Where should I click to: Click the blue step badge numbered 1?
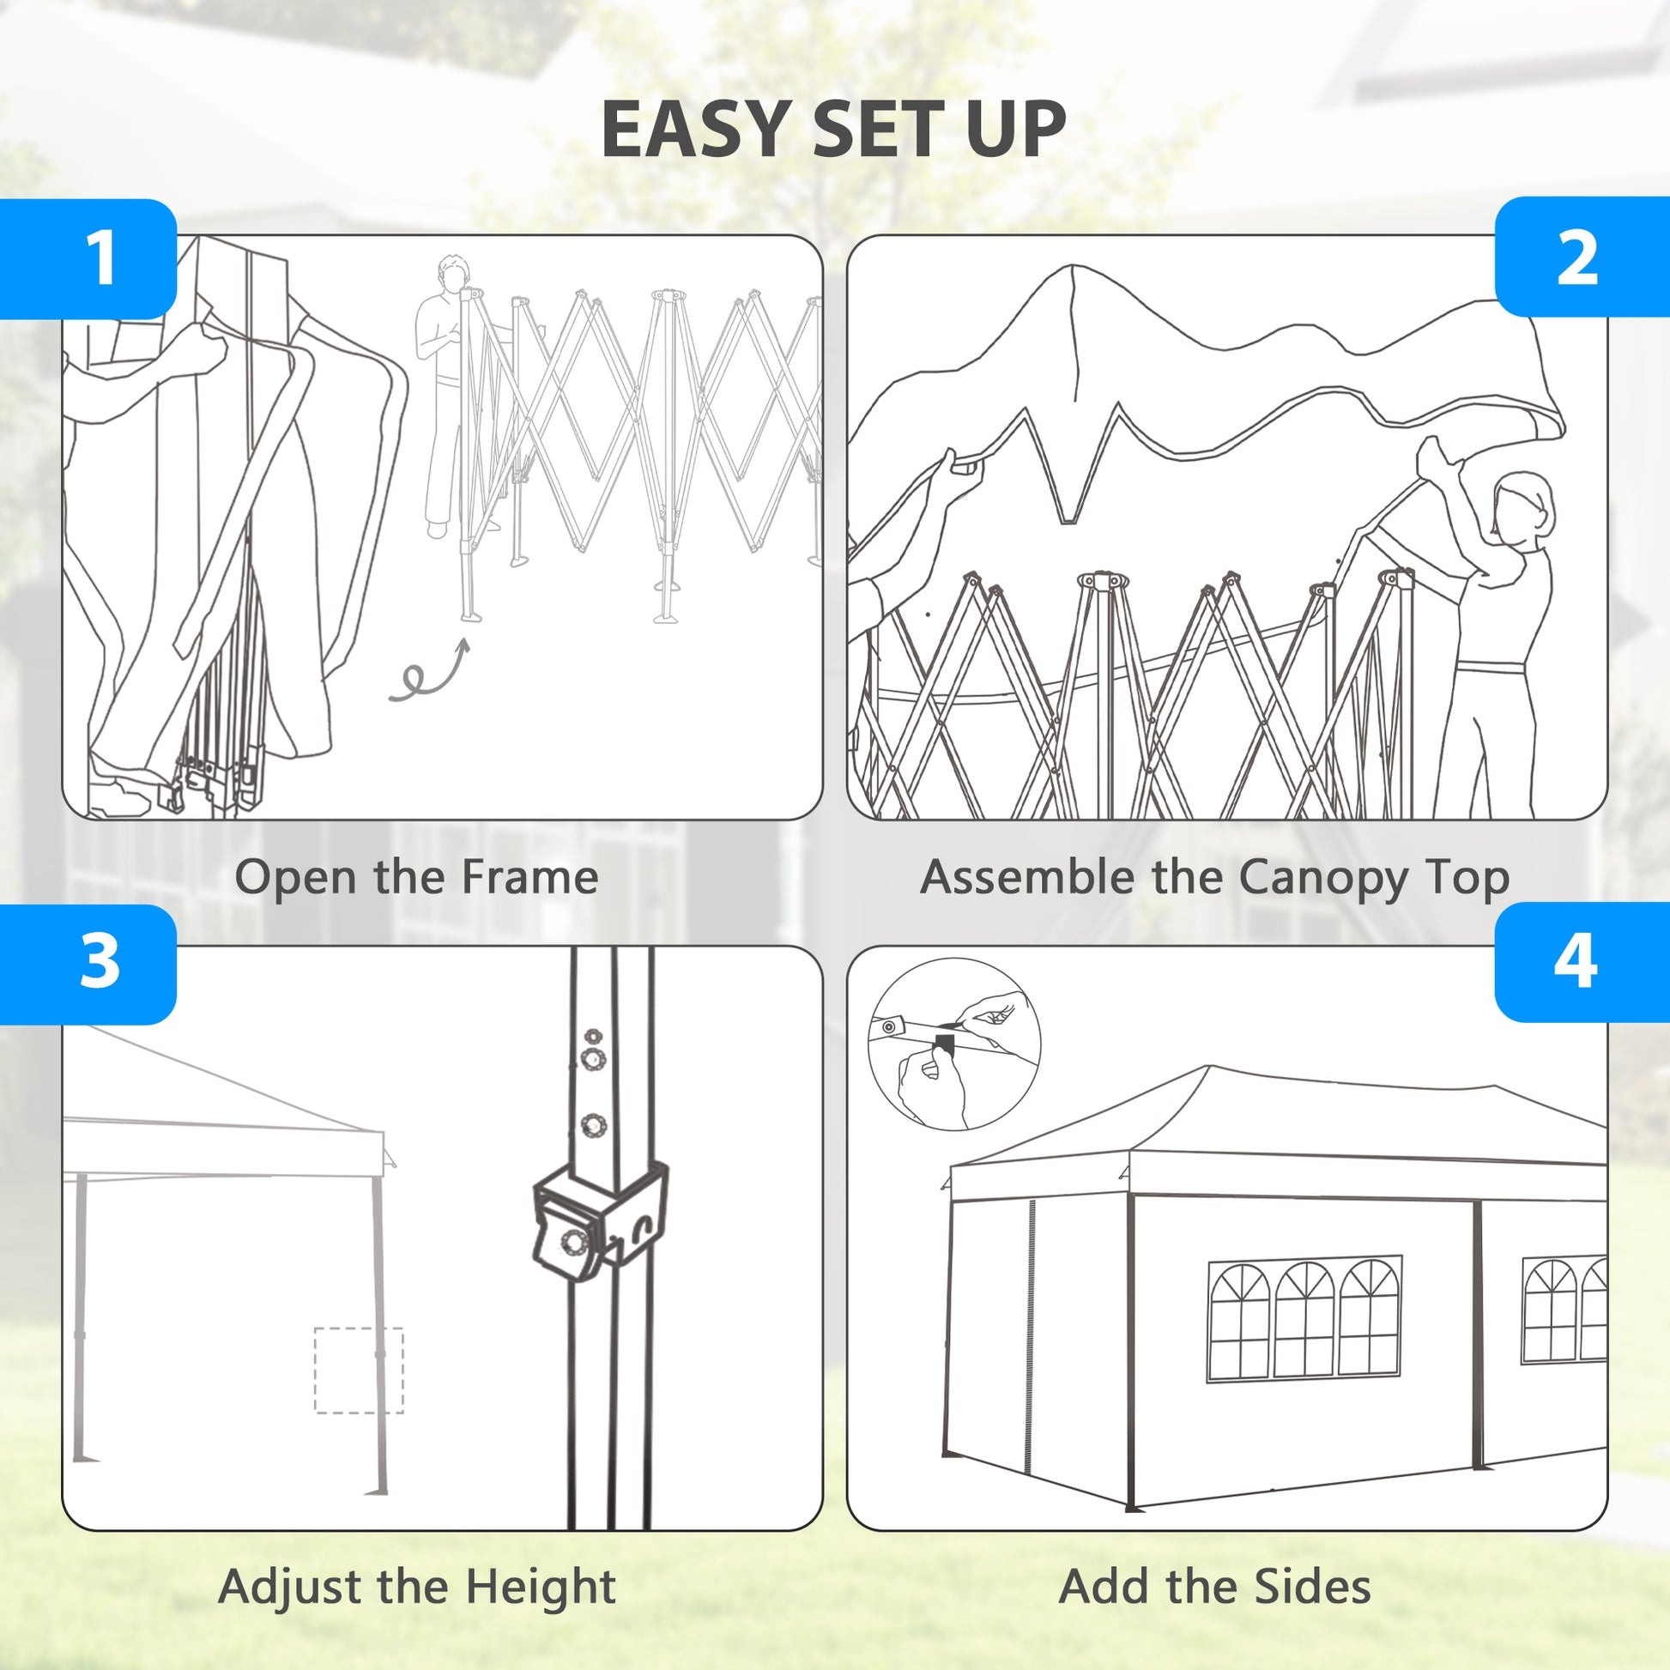click(88, 258)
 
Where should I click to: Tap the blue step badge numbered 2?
click(1582, 257)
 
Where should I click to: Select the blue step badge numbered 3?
click(88, 964)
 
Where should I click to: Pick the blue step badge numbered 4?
click(1582, 961)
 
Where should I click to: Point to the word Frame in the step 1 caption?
click(529, 877)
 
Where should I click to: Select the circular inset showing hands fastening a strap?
click(954, 1044)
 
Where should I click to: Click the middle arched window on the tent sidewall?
click(1304, 1319)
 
